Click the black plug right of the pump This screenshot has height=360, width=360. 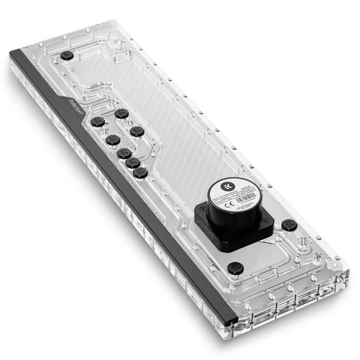tap(288, 225)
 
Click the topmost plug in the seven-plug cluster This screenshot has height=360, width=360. tap(121, 114)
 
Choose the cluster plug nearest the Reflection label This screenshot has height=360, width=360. tap(98, 121)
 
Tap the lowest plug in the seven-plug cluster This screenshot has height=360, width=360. tap(140, 172)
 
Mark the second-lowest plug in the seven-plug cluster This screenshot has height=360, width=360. tap(132, 162)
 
